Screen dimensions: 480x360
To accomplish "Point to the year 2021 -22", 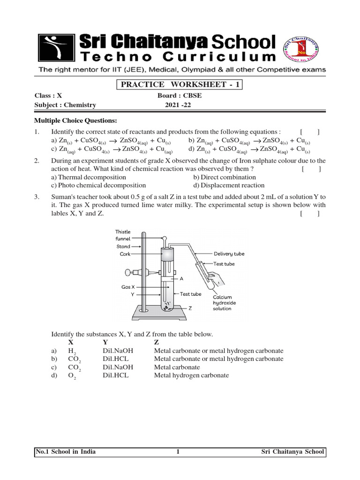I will pyautogui.click(x=178, y=105).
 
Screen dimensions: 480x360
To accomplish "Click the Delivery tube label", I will pyautogui.click(x=229, y=254).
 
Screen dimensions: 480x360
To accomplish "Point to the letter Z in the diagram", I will pyautogui.click(x=190, y=309).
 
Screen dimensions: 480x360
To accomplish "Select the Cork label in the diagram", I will pyautogui.click(x=125, y=254).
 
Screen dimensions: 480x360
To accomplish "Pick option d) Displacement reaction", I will pyautogui.click(x=229, y=185).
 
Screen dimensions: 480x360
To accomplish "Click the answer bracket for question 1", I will pyautogui.click(x=310, y=132).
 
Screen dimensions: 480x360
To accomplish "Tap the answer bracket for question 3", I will pyautogui.click(x=310, y=214).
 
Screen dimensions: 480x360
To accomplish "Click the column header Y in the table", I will pyautogui.click(x=105, y=343).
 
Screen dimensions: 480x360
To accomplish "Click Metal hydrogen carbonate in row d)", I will pyautogui.click(x=191, y=375).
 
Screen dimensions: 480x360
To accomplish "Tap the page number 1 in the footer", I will pyautogui.click(x=178, y=452).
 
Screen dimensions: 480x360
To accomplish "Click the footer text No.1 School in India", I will pyautogui.click(x=66, y=452).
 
